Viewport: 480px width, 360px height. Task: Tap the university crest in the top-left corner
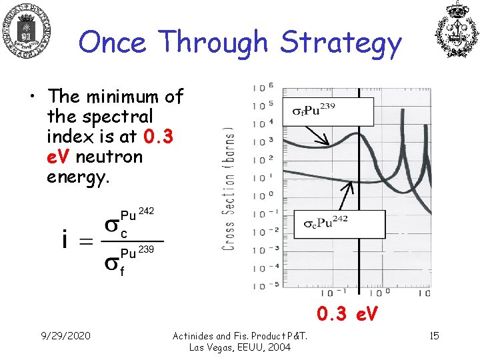[x=27, y=29]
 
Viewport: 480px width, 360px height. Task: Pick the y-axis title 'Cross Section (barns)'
[x=229, y=188]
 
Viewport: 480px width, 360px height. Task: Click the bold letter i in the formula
[x=65, y=241]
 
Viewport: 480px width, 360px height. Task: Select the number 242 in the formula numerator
[x=147, y=211]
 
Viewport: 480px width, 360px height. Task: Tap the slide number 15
[x=433, y=335]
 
